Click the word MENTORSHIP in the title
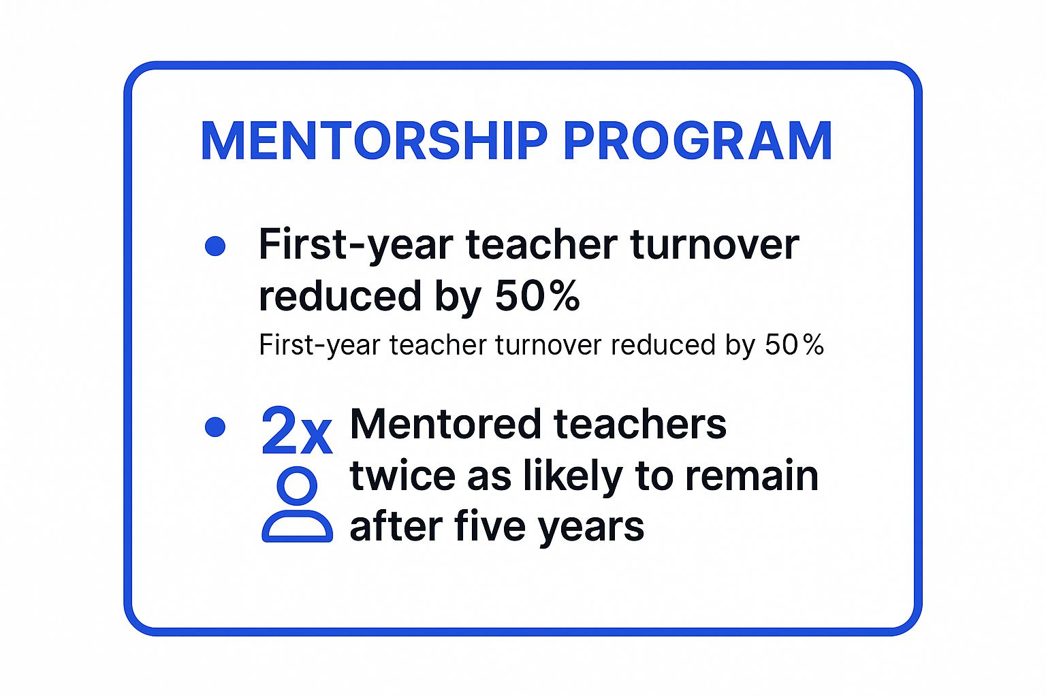coord(374,142)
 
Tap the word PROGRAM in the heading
coord(697,142)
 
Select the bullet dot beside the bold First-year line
coord(215,246)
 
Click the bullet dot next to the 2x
coord(215,427)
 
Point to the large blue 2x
coord(296,432)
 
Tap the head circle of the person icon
coord(298,486)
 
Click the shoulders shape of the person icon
coord(298,527)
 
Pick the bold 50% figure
coord(537,296)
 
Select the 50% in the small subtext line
coord(794,345)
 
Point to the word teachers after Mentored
coord(640,425)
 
